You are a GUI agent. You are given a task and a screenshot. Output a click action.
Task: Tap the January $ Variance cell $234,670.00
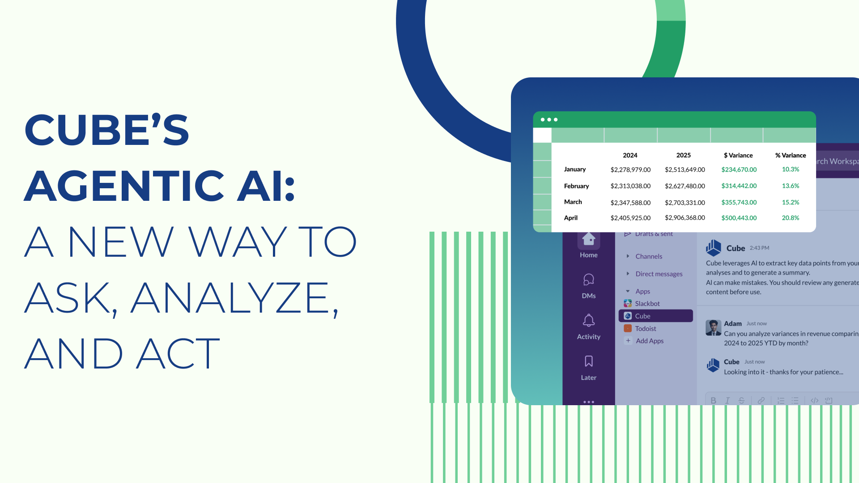739,169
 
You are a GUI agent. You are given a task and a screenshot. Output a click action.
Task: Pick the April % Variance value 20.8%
790,218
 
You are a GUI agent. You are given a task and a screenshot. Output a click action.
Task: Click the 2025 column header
683,155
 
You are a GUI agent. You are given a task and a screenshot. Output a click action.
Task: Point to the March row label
573,202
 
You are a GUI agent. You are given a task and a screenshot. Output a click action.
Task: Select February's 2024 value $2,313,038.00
630,186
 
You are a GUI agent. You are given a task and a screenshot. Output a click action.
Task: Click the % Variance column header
790,155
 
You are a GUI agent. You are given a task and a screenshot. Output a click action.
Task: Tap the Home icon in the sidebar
588,240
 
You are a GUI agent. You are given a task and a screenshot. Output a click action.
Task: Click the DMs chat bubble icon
588,280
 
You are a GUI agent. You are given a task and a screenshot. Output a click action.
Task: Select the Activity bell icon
588,321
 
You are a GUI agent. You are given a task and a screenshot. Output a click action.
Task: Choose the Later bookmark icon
588,361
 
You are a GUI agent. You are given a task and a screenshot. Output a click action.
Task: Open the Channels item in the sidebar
648,256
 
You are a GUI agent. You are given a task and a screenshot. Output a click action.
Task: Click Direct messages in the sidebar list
659,274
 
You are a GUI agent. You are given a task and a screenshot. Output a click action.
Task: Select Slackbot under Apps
647,304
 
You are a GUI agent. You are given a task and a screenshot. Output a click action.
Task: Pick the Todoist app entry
645,329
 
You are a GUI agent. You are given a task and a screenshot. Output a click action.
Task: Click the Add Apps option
649,341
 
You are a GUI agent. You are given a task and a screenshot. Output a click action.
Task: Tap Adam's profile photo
713,328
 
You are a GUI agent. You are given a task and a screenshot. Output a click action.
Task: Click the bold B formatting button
713,400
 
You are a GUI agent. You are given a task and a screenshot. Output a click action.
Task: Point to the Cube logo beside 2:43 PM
713,248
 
